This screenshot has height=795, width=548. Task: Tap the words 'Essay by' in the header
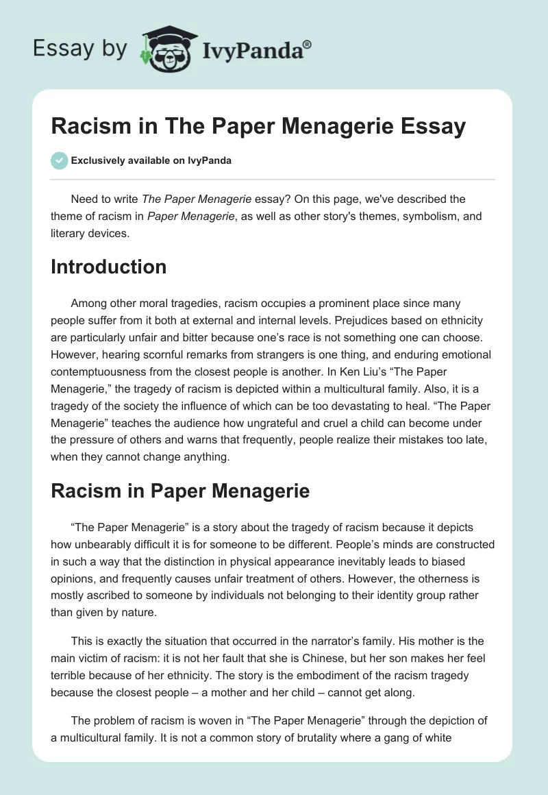pos(79,49)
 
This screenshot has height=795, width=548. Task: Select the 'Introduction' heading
pos(108,267)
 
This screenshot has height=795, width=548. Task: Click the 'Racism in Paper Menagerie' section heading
pos(180,491)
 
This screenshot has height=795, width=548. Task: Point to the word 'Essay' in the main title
pos(429,127)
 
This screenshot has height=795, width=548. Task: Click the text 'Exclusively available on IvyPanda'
pos(152,160)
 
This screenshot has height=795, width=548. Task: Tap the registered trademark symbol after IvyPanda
pos(308,45)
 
